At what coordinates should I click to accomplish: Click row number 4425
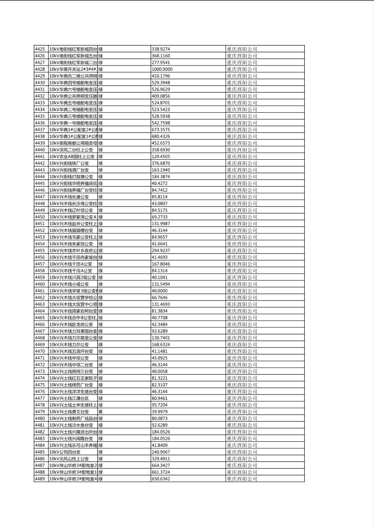tap(40, 49)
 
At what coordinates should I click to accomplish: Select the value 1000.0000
tap(162, 69)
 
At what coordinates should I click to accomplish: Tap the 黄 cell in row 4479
tap(101, 412)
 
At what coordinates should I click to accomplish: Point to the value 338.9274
tap(161, 49)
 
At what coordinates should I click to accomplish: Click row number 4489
tap(40, 479)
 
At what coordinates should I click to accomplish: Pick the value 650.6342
tap(161, 479)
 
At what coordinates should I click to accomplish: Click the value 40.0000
tap(159, 291)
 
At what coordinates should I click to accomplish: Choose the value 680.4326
tap(161, 136)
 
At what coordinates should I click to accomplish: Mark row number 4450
tap(40, 217)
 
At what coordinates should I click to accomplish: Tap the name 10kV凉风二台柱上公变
tap(71, 150)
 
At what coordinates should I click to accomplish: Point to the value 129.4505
tap(161, 156)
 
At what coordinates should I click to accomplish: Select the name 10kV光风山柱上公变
tap(69, 459)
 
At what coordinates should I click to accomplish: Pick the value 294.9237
tap(161, 251)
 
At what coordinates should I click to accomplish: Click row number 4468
tap(40, 338)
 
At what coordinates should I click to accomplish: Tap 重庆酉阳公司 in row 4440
tap(242, 150)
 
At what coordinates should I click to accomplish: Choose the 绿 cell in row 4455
tap(101, 251)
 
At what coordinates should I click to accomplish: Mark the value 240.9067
tap(161, 452)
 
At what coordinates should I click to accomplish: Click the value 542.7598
tap(161, 123)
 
